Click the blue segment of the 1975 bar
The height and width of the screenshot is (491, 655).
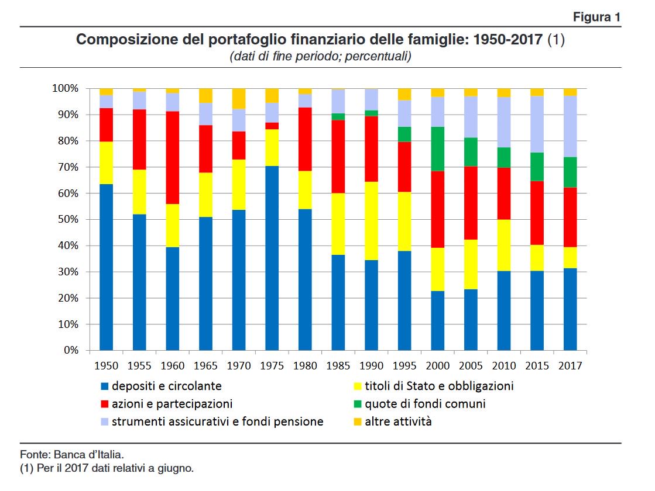pos(272,258)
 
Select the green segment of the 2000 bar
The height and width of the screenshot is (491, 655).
pos(438,148)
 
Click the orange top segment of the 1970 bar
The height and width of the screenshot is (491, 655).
pos(239,99)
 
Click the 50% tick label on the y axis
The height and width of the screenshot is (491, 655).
pos(67,220)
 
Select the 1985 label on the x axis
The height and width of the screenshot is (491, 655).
pos(338,366)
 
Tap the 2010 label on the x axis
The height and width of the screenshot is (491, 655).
pos(504,366)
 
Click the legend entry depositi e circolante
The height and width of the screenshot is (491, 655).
pos(167,386)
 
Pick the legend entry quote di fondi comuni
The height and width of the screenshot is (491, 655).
pos(425,404)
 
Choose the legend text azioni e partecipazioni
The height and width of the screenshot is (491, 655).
pos(172,404)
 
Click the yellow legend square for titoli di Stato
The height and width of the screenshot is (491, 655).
pos(355,386)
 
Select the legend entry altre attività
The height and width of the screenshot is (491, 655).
pos(398,421)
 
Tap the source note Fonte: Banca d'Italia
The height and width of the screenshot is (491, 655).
pos(72,454)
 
